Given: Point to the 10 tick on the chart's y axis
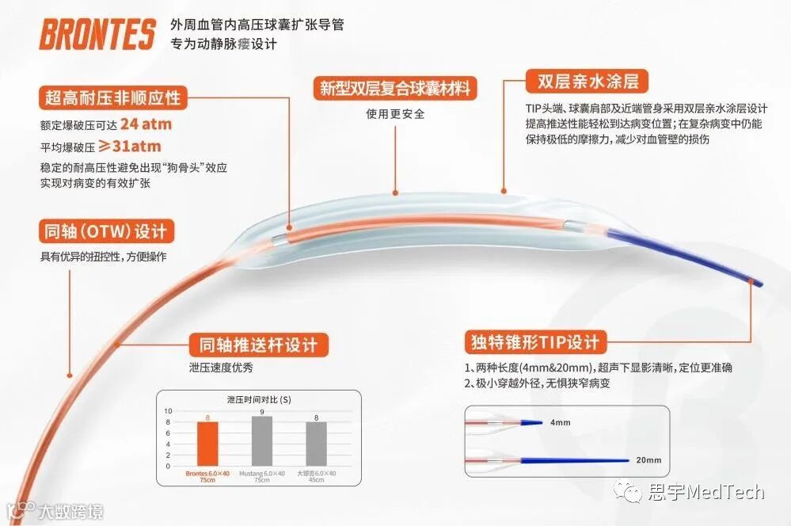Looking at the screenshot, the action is click(x=167, y=411).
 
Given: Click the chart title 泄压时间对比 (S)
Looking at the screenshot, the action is click(x=259, y=399).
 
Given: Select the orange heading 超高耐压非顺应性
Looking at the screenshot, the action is click(x=111, y=99).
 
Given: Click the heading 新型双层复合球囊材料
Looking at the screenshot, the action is click(x=394, y=88).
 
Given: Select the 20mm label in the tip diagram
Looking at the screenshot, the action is click(x=648, y=460).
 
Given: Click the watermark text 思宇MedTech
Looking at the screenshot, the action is click(x=703, y=493).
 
